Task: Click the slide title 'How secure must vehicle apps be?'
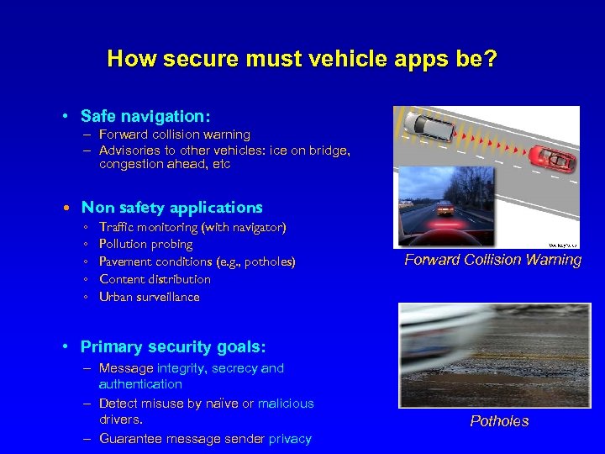[x=302, y=59]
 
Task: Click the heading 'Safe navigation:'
[x=145, y=115]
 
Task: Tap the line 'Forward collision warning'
[x=174, y=135]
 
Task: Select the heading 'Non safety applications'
[x=171, y=207]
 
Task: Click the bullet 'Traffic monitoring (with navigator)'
[x=192, y=227]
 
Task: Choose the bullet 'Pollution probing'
[x=145, y=245]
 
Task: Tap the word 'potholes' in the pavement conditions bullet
[x=267, y=262]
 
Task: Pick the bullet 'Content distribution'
[x=155, y=279]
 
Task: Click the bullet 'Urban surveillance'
[x=149, y=297]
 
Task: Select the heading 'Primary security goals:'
[x=172, y=346]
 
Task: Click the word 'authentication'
[x=139, y=384]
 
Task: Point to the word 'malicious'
[x=285, y=404]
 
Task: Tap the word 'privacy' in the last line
[x=290, y=438]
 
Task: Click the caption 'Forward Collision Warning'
[x=492, y=260]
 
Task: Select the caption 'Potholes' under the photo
[x=499, y=421]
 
